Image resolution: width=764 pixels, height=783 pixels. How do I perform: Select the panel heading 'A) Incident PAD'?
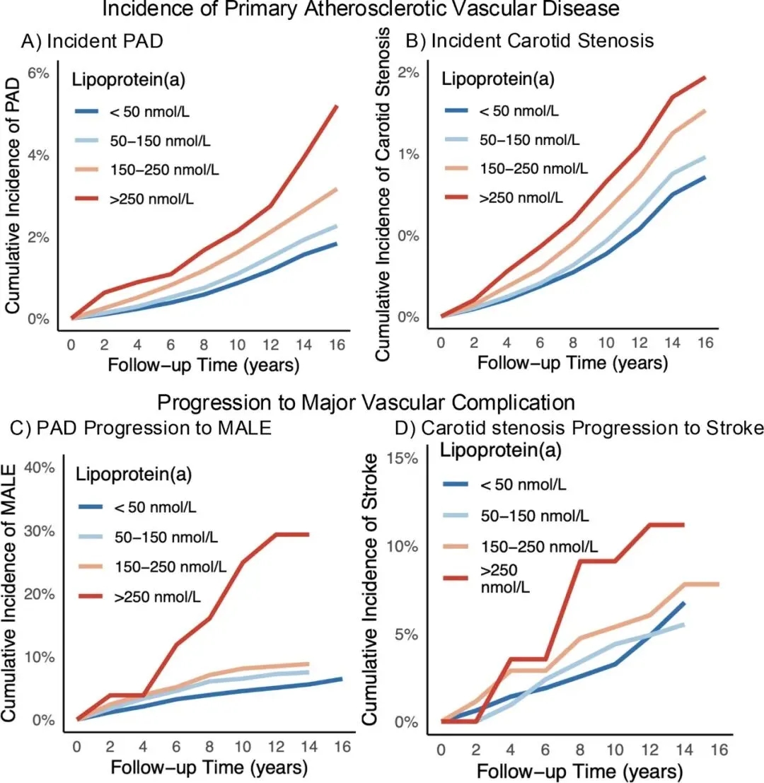[x=92, y=41]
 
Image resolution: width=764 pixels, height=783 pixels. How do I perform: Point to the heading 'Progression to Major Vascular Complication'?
[x=366, y=403]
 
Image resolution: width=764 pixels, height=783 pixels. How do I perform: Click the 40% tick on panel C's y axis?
[x=37, y=468]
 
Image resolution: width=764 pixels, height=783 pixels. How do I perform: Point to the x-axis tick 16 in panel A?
[x=336, y=344]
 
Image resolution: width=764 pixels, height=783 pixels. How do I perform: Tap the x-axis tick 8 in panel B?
[x=572, y=342]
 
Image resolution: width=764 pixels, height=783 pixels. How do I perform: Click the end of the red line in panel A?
[x=337, y=106]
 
